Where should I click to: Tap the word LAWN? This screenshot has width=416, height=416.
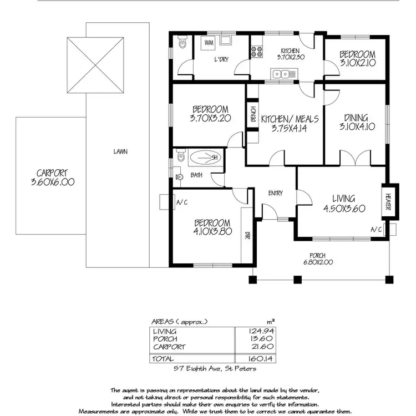pyautogui.click(x=117, y=151)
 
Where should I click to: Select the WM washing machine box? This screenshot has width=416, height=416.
pyautogui.click(x=209, y=43)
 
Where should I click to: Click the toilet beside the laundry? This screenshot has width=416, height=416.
pyautogui.click(x=181, y=42)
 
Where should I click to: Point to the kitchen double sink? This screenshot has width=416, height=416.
pyautogui.click(x=284, y=73)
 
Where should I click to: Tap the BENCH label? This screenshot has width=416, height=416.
pyautogui.click(x=252, y=114)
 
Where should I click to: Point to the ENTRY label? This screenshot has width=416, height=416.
pyautogui.click(x=275, y=194)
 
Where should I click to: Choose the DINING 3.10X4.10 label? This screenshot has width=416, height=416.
pyautogui.click(x=356, y=121)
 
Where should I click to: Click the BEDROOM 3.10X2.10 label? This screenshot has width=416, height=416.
pyautogui.click(x=357, y=59)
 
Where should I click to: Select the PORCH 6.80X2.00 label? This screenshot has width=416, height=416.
pyautogui.click(x=321, y=259)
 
